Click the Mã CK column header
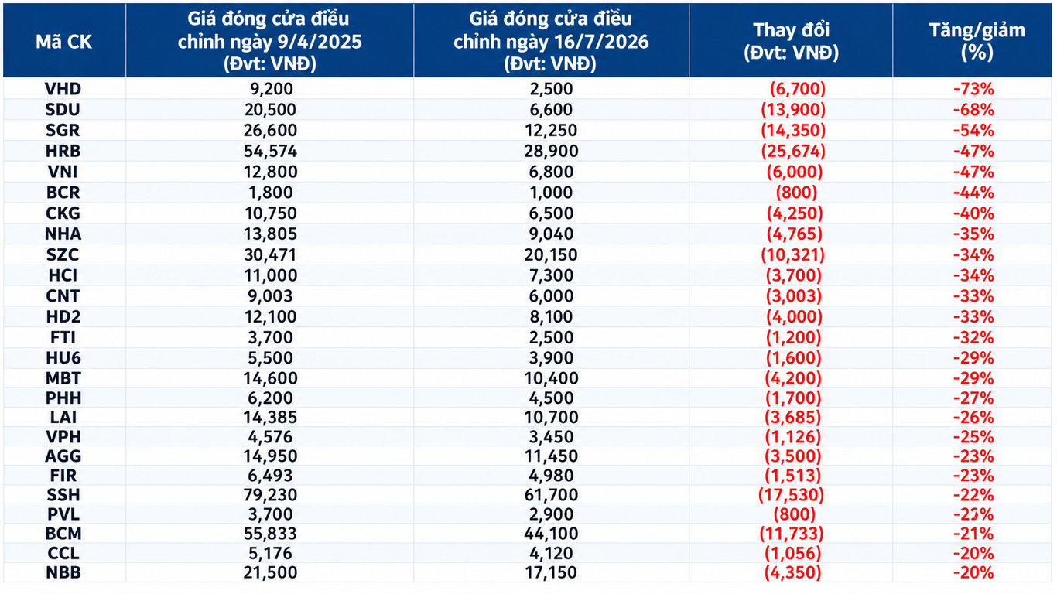63,42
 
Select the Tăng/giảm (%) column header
977,41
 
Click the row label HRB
63,151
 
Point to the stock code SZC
63,254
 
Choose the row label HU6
63,358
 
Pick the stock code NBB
63,572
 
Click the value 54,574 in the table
270,151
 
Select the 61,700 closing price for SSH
551,495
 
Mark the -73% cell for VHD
974,89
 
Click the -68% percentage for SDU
974,110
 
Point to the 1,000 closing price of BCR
551,193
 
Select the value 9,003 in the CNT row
270,295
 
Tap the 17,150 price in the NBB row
551,572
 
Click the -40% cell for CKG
974,213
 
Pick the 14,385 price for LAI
270,417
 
